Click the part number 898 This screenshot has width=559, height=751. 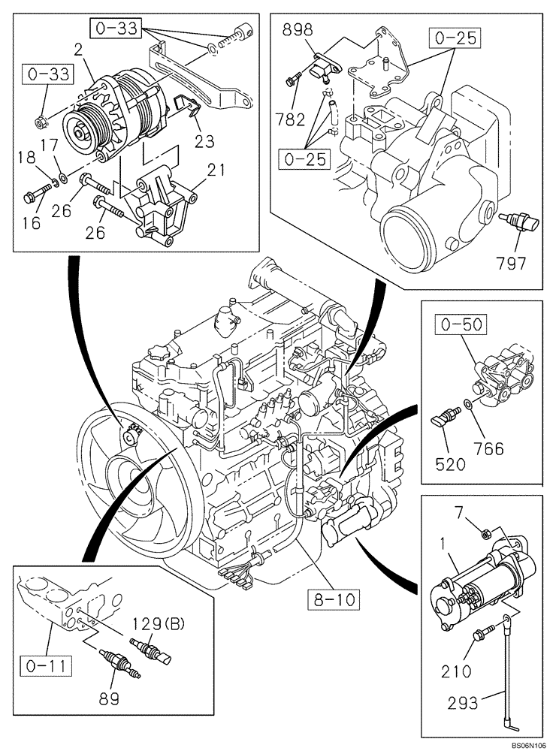298,31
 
